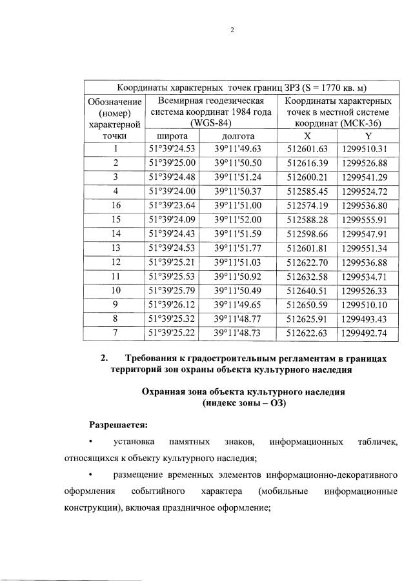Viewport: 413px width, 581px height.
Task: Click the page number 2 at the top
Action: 231,30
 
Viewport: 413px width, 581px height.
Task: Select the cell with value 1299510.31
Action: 365,149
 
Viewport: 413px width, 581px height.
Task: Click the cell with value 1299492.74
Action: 365,333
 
